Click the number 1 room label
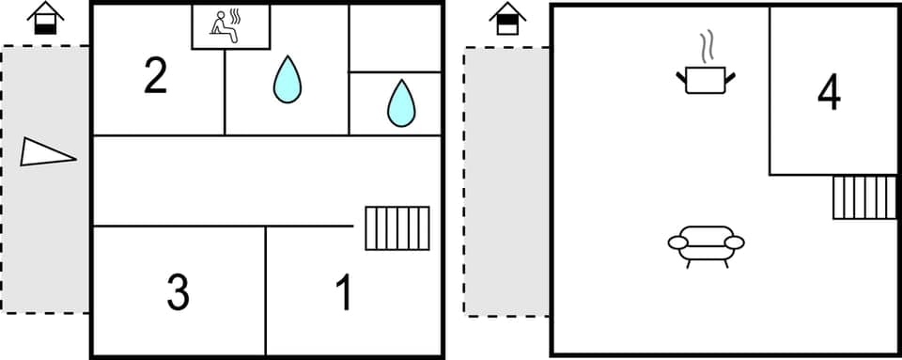tap(345, 293)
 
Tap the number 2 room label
tap(155, 77)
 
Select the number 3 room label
tap(178, 292)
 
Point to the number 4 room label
tap(829, 92)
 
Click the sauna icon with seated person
tap(229, 26)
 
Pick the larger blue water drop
tap(288, 80)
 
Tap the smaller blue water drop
tap(401, 103)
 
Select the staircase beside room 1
tap(397, 228)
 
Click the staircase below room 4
tap(864, 197)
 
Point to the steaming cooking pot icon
tap(705, 79)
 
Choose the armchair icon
tap(706, 243)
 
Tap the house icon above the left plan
tap(43, 19)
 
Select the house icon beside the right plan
tap(507, 19)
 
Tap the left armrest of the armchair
tap(678, 243)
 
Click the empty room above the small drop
tap(396, 38)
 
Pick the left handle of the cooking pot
tap(680, 76)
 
